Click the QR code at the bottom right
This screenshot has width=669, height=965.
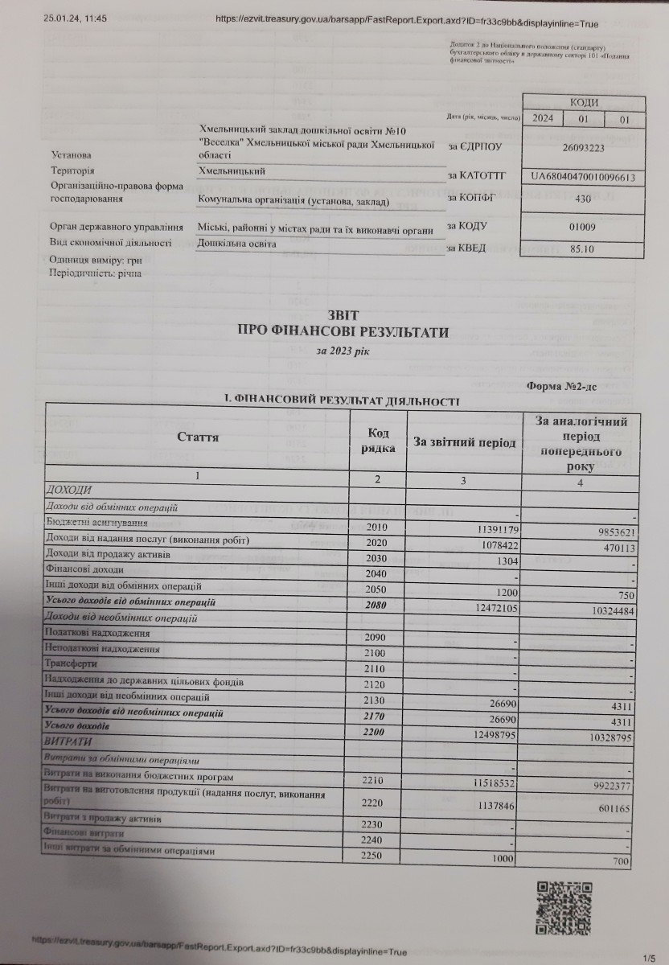pos(566,907)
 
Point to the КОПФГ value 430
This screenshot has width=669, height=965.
pos(585,197)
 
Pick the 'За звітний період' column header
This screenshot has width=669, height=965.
pos(464,441)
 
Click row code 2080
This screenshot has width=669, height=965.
pos(376,603)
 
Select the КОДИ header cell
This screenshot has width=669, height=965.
pos(584,102)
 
